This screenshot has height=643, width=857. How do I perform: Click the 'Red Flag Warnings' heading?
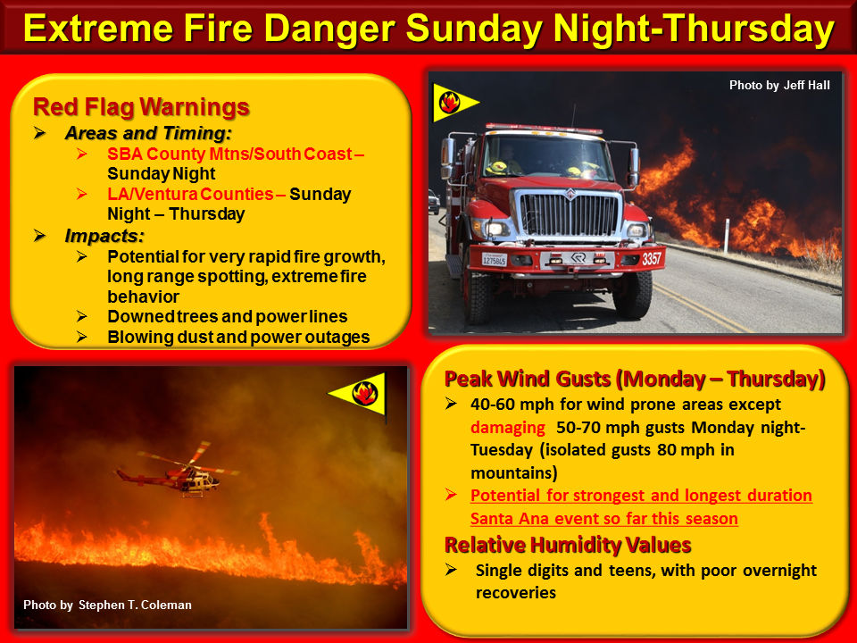pyautogui.click(x=141, y=106)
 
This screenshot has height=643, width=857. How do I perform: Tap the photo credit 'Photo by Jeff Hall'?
pyautogui.click(x=779, y=86)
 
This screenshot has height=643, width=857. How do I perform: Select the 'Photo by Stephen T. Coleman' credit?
pyautogui.click(x=107, y=605)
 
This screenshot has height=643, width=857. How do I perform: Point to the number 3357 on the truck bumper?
pyautogui.click(x=651, y=258)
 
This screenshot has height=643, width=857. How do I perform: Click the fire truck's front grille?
pyautogui.click(x=569, y=215)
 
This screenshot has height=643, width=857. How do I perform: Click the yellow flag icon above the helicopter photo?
pyautogui.click(x=360, y=394)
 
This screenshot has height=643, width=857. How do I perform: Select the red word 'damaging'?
pyautogui.click(x=507, y=428)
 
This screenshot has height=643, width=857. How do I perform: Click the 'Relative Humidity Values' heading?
pyautogui.click(x=568, y=545)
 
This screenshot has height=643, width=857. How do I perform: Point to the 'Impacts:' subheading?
pyautogui.click(x=104, y=236)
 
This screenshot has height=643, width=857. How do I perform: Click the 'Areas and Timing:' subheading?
pyautogui.click(x=148, y=133)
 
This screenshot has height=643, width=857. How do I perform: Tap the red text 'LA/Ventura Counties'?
pyautogui.click(x=190, y=194)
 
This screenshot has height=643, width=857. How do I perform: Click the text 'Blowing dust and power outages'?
pyautogui.click(x=238, y=337)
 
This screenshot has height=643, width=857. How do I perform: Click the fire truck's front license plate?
pyautogui.click(x=494, y=259)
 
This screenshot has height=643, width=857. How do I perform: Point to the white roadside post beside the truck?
pyautogui.click(x=727, y=236)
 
